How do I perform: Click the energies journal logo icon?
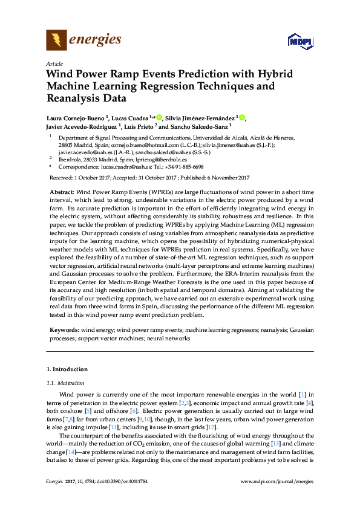56,41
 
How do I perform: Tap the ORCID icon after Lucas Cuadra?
160,117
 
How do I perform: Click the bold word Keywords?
64,330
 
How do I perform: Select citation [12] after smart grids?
211,427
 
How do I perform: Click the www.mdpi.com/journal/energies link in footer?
277,481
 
